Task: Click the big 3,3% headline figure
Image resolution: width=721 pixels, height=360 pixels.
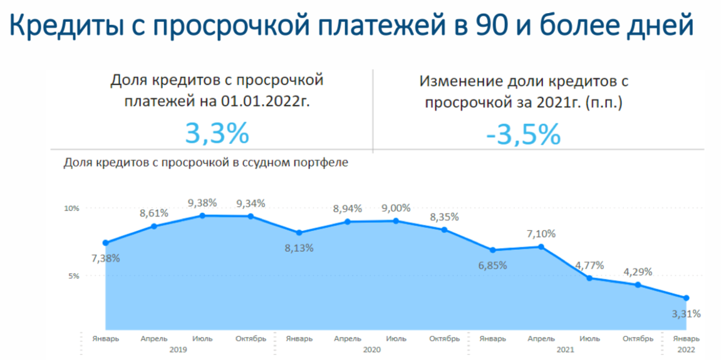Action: (x=217, y=133)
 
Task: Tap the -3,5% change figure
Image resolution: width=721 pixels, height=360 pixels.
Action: (x=523, y=134)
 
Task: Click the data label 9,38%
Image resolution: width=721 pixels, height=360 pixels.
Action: (x=202, y=203)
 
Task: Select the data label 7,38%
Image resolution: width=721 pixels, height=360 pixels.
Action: (x=105, y=258)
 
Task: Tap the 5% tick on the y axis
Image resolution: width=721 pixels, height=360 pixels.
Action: (x=74, y=275)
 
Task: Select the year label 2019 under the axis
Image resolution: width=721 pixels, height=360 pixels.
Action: (x=179, y=349)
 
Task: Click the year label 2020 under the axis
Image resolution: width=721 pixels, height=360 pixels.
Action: (x=372, y=349)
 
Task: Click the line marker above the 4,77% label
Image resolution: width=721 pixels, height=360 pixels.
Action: (x=589, y=278)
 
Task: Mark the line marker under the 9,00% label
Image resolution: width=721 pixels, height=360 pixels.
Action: (x=396, y=221)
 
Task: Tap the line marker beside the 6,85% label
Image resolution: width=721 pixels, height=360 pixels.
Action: (x=493, y=250)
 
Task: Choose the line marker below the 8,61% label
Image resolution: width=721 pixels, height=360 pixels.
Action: (x=154, y=226)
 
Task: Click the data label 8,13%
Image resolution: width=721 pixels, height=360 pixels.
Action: (x=299, y=247)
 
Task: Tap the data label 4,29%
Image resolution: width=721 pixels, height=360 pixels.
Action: (x=638, y=272)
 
